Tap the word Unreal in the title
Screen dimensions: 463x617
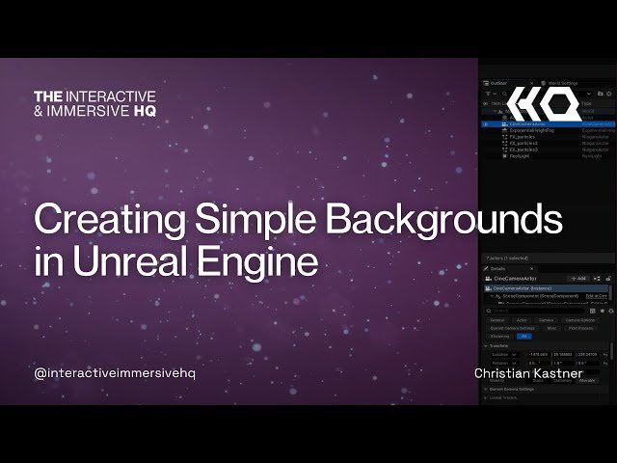tap(121, 260)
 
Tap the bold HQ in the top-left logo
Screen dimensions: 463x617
tap(144, 111)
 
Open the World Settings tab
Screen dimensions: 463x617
tap(560, 84)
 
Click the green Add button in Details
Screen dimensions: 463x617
tap(578, 278)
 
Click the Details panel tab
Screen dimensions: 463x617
tap(498, 268)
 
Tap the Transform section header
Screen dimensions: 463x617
tap(499, 345)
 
